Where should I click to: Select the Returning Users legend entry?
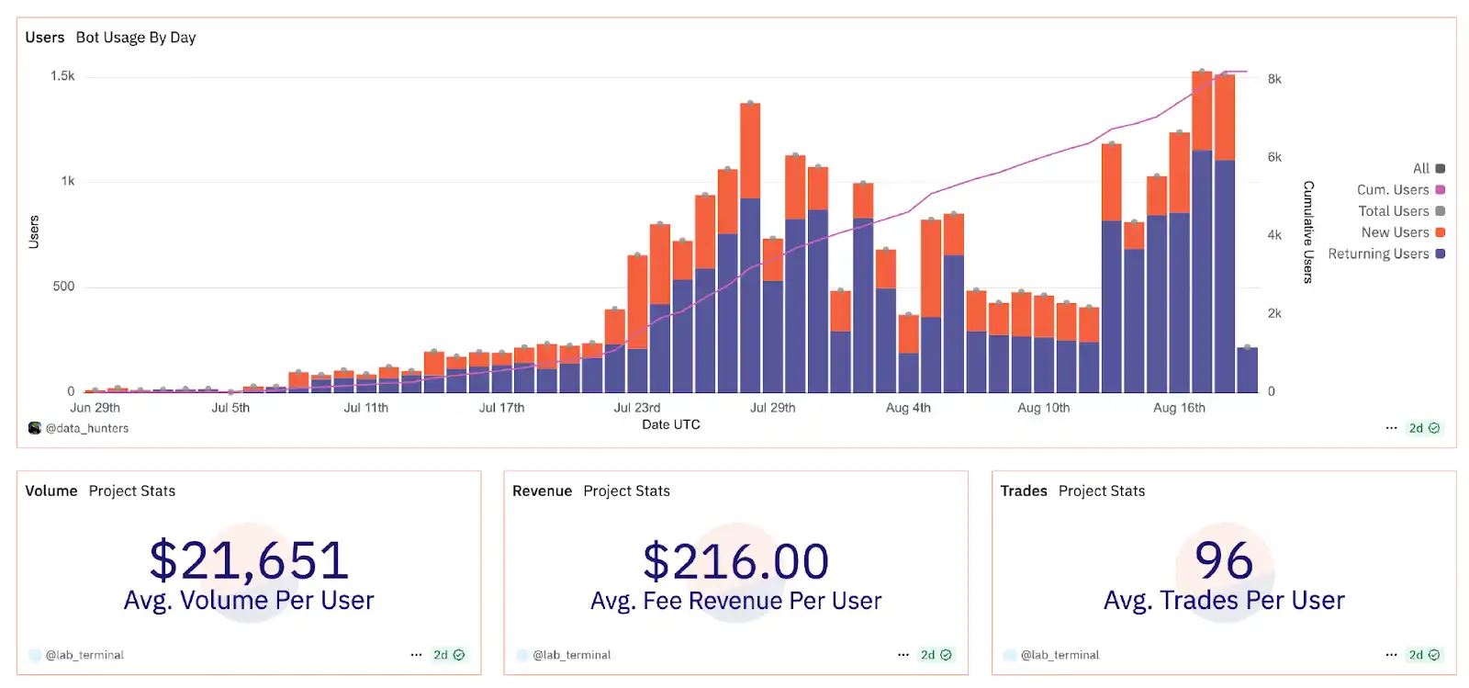pyautogui.click(x=1385, y=254)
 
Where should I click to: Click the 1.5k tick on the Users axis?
pyautogui.click(x=62, y=76)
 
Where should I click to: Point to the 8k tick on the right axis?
pyautogui.click(x=1274, y=79)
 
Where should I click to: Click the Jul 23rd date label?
pyautogui.click(x=636, y=408)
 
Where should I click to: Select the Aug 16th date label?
pyautogui.click(x=1179, y=408)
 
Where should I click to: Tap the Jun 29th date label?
pyautogui.click(x=95, y=408)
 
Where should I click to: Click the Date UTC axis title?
pyautogui.click(x=670, y=424)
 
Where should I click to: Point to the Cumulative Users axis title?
pyautogui.click(x=1308, y=231)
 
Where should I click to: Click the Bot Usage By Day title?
pyautogui.click(x=136, y=38)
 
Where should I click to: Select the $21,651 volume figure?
pyautogui.click(x=249, y=560)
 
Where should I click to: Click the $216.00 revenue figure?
pyautogui.click(x=735, y=561)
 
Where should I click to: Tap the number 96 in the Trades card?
pyautogui.click(x=1223, y=560)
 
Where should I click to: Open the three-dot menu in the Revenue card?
pyautogui.click(x=903, y=655)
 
